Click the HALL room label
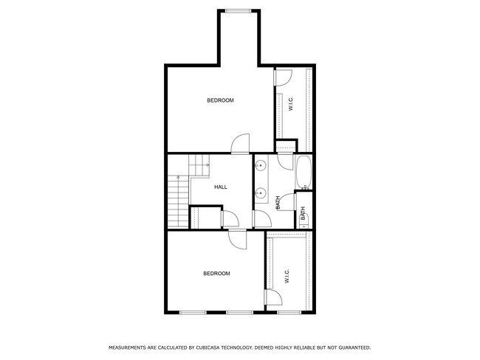[220, 187]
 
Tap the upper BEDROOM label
[220, 100]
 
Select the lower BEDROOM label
[216, 274]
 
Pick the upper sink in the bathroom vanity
[260, 166]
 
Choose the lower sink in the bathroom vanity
[260, 194]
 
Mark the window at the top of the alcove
[238, 10]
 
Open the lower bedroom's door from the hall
[238, 238]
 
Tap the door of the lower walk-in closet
[273, 297]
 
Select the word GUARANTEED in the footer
[353, 347]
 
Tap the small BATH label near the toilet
[303, 215]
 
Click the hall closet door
[230, 218]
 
